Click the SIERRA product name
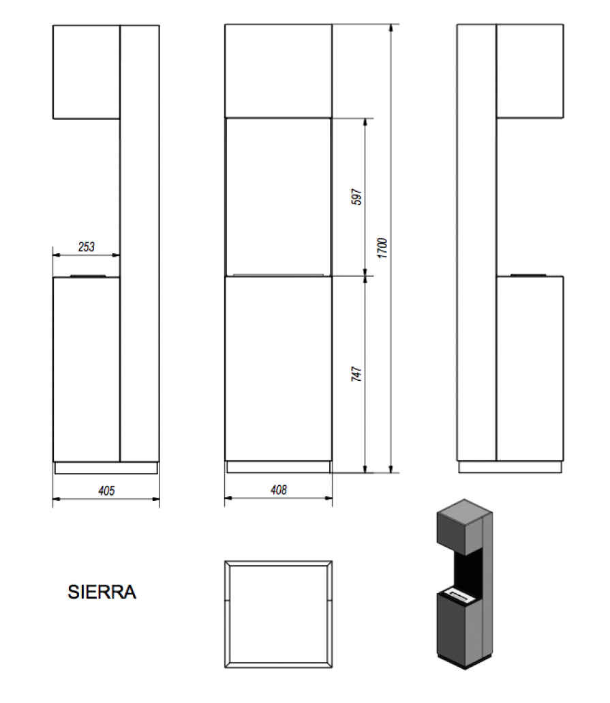(x=102, y=592)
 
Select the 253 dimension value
(x=87, y=246)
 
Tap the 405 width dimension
(x=106, y=491)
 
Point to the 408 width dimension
(x=279, y=490)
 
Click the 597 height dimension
(x=357, y=197)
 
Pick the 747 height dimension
(x=356, y=374)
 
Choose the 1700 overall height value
(x=382, y=248)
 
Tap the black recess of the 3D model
(x=468, y=569)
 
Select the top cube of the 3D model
(x=464, y=527)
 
